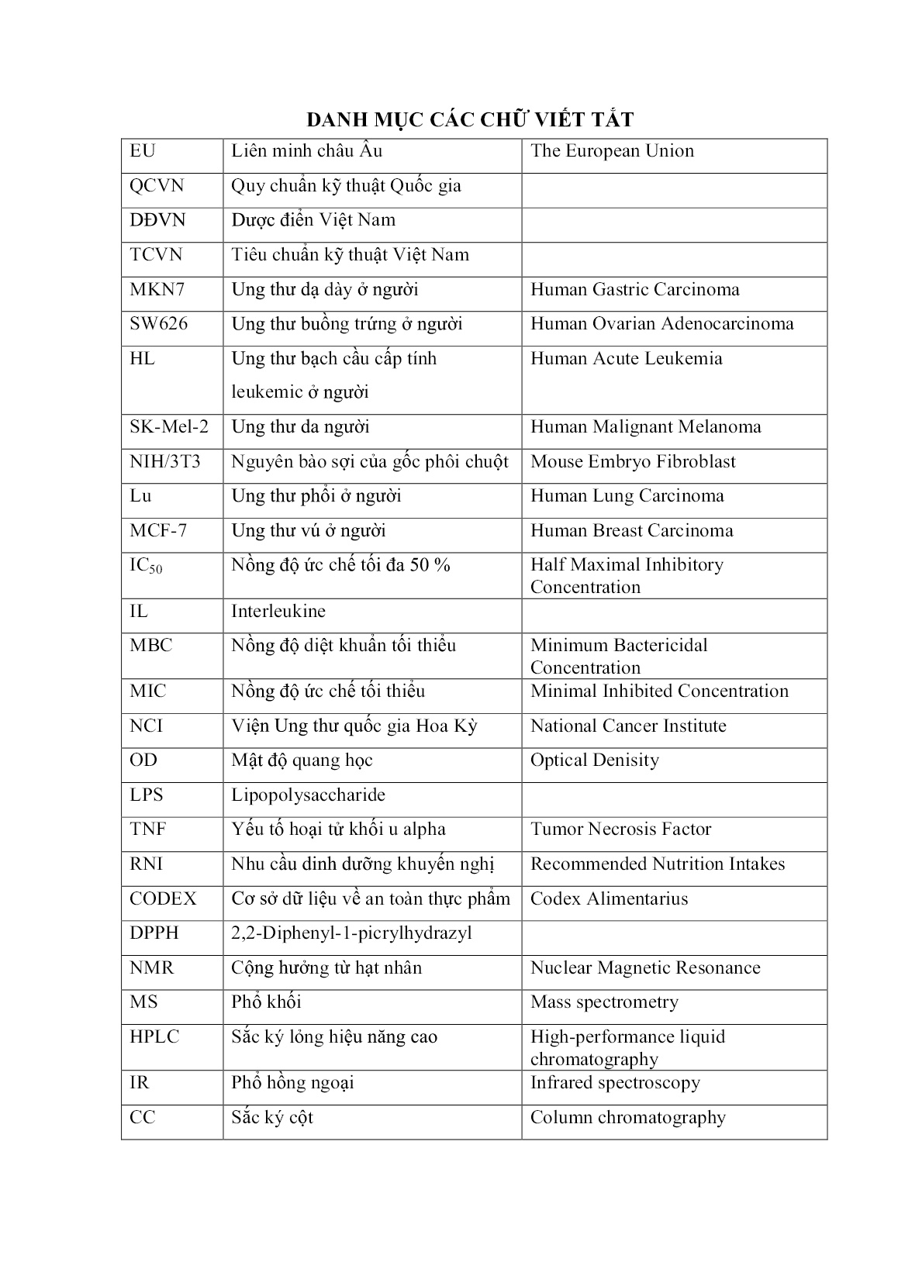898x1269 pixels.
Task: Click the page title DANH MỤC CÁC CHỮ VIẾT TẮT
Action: click(x=470, y=119)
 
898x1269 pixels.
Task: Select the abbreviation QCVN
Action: click(x=157, y=186)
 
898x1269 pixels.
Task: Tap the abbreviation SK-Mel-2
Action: click(x=169, y=427)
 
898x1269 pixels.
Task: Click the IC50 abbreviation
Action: click(x=146, y=566)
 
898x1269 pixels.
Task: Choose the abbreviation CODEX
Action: click(x=163, y=899)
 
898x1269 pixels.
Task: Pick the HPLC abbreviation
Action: click(x=154, y=1037)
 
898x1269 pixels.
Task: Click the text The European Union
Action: click(x=612, y=151)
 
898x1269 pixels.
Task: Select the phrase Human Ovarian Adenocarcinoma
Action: click(x=661, y=324)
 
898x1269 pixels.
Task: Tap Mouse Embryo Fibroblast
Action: click(x=633, y=462)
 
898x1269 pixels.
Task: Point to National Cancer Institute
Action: click(x=628, y=726)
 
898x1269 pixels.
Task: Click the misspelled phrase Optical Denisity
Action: click(x=594, y=760)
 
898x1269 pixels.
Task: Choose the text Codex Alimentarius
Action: click(x=609, y=899)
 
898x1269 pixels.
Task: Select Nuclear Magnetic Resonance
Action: click(x=645, y=968)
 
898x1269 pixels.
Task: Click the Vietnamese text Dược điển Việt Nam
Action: click(x=313, y=220)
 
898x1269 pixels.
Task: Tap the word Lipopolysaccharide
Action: click(x=308, y=795)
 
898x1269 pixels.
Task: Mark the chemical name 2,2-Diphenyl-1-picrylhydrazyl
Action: click(x=351, y=933)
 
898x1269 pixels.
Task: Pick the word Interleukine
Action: click(x=278, y=612)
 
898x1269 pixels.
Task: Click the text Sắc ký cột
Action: click(x=271, y=1118)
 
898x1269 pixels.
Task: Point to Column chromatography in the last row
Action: click(x=627, y=1118)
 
